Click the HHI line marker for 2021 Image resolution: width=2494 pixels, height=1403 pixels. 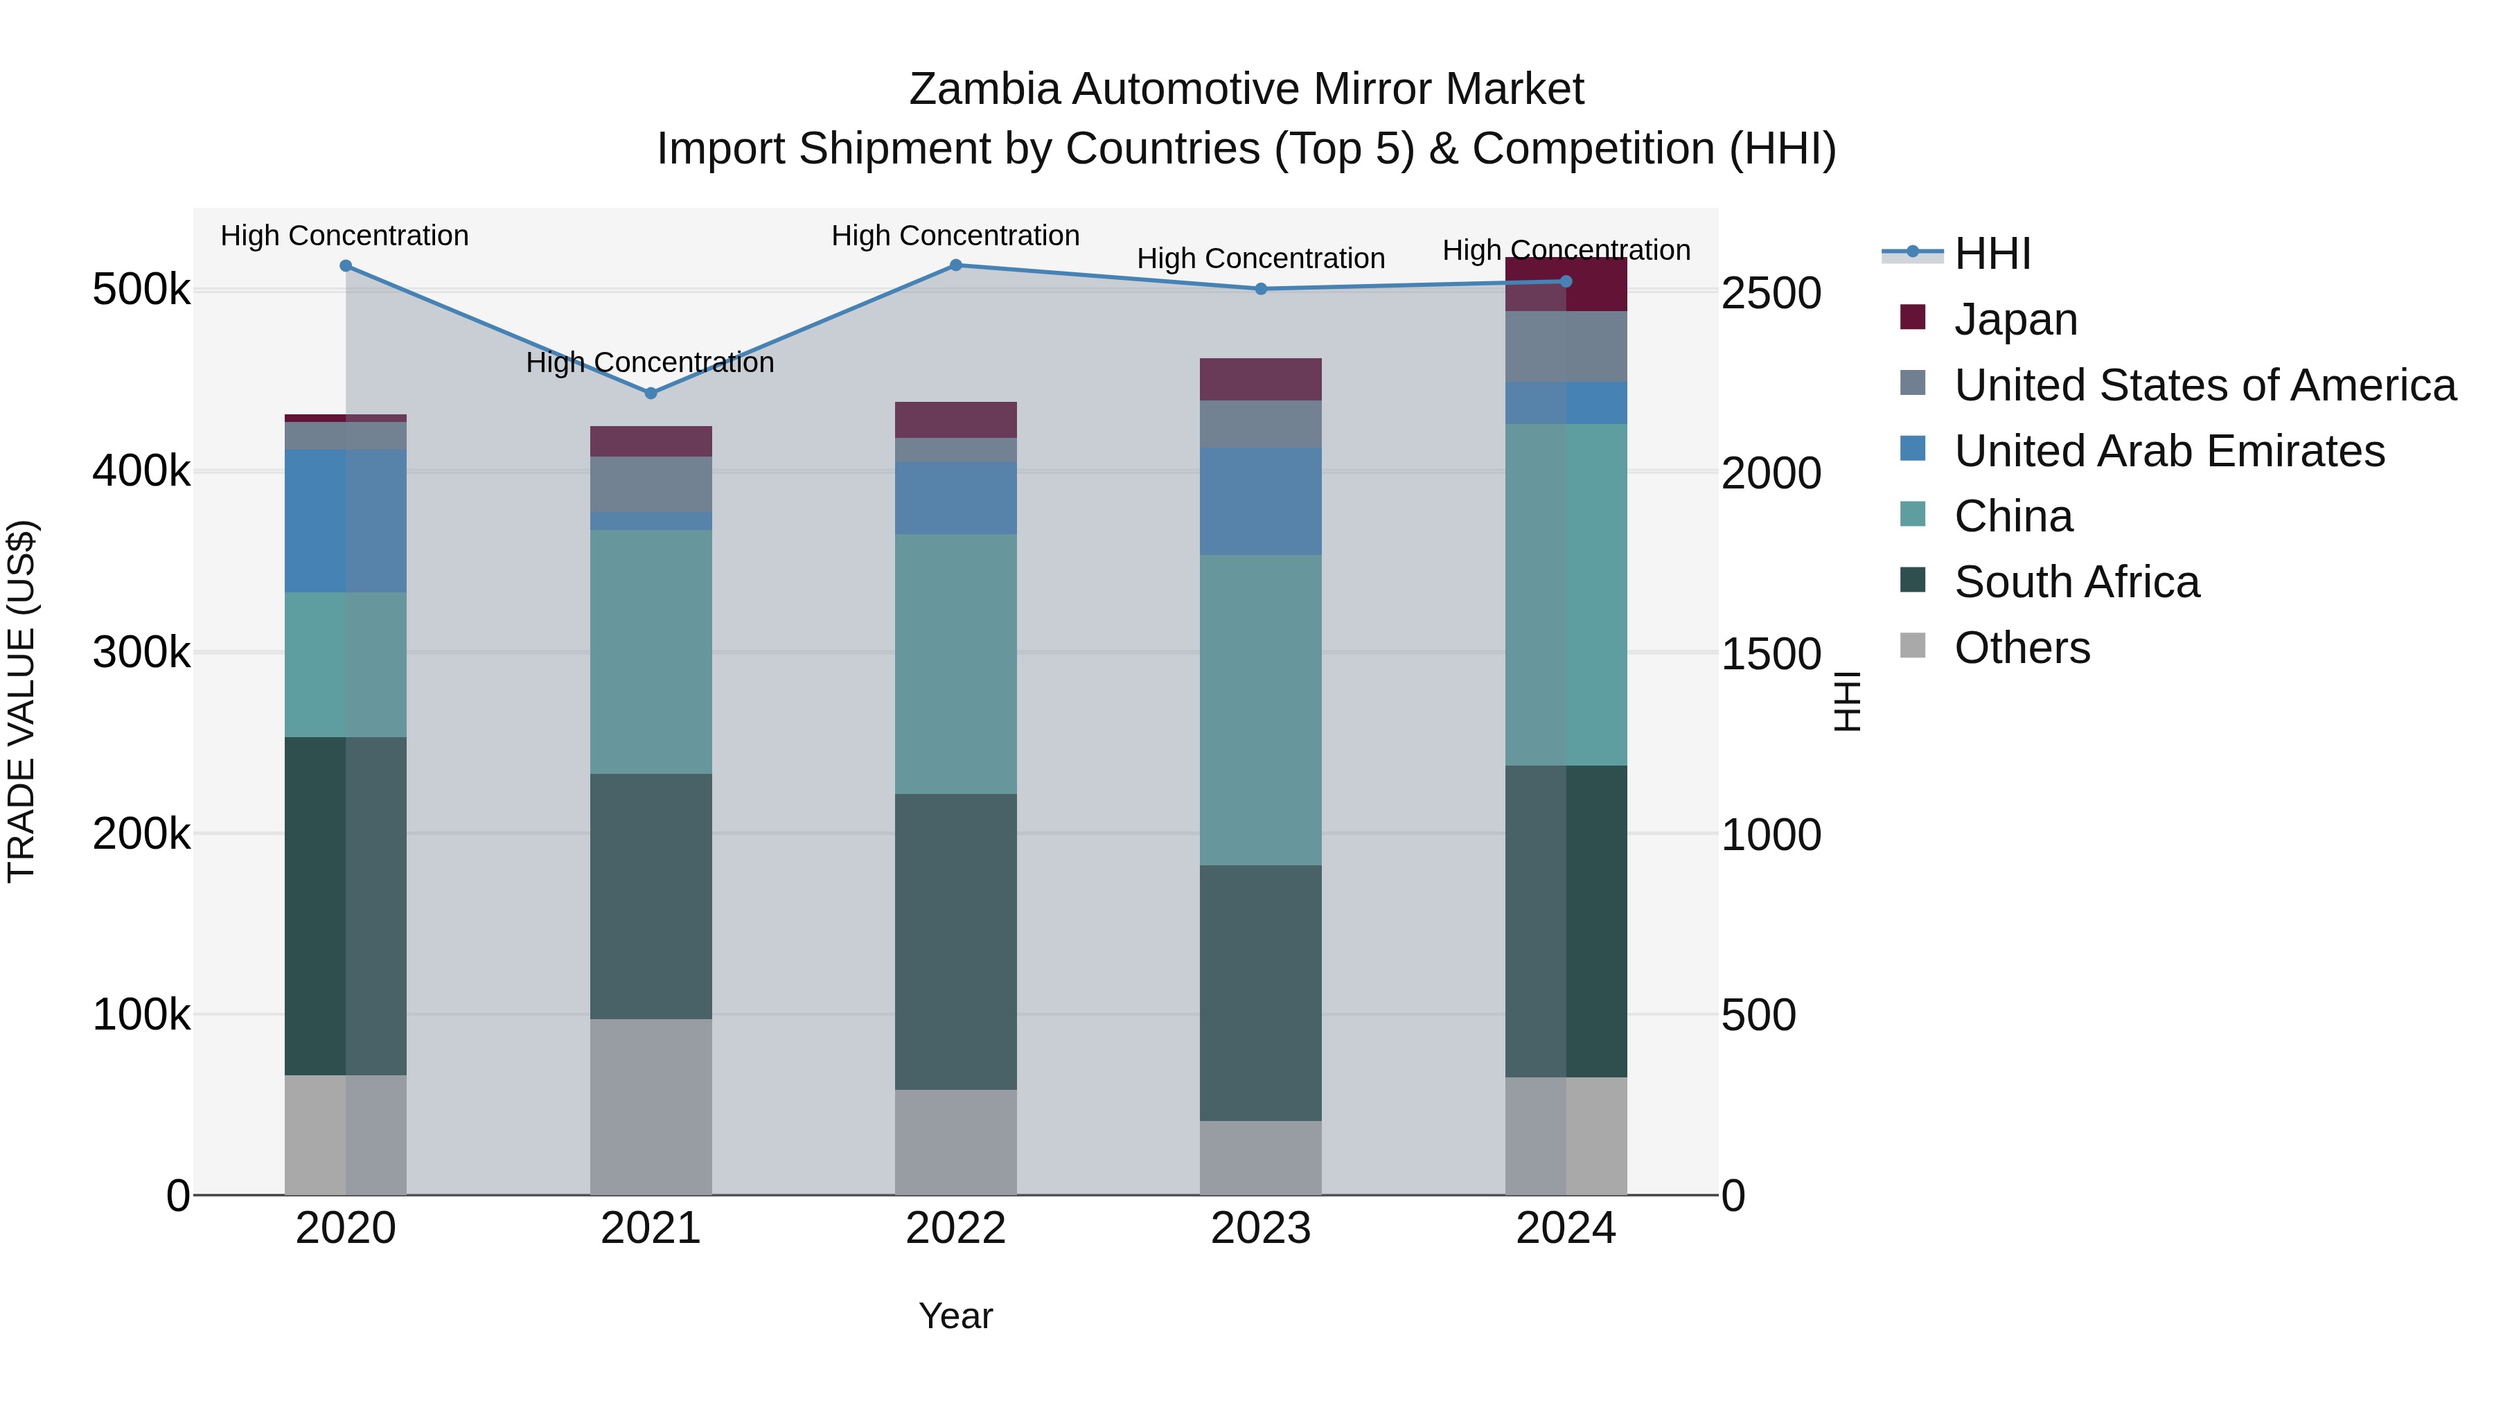(651, 393)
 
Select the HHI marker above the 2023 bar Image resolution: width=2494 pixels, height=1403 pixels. (1261, 288)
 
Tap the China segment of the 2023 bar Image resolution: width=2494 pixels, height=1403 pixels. (1261, 709)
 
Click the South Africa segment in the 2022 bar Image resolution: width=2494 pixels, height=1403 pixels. (955, 941)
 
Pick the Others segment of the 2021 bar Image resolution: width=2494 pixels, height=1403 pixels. (651, 1106)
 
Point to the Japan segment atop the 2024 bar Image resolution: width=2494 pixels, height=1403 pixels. (1566, 285)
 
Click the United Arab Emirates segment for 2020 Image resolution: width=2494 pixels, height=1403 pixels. (346, 521)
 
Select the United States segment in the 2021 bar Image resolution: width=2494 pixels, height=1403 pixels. (651, 484)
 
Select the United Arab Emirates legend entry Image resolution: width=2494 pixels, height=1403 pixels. (2168, 451)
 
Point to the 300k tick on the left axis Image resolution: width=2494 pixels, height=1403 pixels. (141, 653)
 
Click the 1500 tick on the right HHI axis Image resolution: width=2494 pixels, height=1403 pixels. (1771, 653)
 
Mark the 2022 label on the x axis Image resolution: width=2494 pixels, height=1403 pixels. (955, 1228)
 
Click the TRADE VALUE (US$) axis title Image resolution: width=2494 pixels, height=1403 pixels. (21, 701)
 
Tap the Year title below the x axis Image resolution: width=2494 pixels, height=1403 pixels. (955, 1316)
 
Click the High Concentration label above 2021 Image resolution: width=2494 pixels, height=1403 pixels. (650, 362)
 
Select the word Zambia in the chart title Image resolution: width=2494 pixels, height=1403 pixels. (984, 89)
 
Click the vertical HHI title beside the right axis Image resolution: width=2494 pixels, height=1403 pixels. (1847, 701)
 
